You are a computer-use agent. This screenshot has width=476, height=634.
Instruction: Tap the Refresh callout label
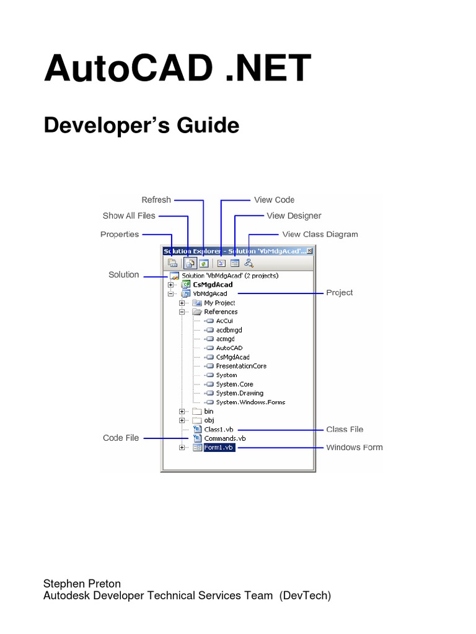(156, 199)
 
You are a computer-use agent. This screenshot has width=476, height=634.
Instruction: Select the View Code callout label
(274, 199)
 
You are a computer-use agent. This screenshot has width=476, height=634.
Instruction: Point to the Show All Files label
(129, 215)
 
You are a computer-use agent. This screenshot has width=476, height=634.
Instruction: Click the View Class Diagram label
(320, 234)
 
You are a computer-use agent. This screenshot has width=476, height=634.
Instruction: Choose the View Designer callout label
(294, 215)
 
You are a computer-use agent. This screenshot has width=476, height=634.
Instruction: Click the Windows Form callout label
(355, 447)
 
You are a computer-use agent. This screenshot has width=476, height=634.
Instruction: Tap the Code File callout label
(121, 438)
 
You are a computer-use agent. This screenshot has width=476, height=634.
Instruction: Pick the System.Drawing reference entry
(239, 393)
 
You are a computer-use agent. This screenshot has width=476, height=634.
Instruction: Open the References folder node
(221, 312)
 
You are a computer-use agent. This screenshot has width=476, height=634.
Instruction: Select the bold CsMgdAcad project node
(213, 285)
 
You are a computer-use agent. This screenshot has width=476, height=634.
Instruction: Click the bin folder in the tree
(208, 411)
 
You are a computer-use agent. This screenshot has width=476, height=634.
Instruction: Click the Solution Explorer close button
(310, 251)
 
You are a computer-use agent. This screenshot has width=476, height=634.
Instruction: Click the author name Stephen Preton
(82, 583)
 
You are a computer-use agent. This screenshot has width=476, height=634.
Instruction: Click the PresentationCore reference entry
(241, 366)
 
